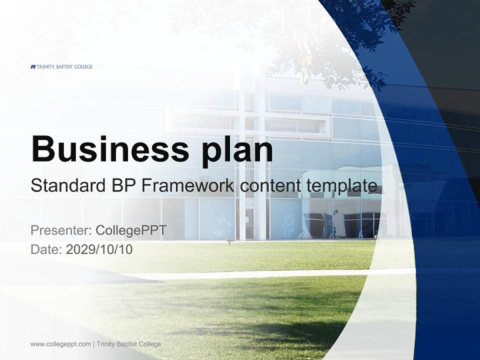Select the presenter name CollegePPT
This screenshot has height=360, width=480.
pos(131,230)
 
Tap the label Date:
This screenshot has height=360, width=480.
pos(46,249)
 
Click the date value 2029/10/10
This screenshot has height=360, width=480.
pos(99,249)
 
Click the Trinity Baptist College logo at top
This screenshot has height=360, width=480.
pos(61,66)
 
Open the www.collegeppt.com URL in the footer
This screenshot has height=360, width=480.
pos(60,344)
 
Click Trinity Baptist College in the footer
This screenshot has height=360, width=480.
pos(129,344)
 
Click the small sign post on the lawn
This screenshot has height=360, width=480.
pos(229,242)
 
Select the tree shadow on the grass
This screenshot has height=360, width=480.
pos(280,325)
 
